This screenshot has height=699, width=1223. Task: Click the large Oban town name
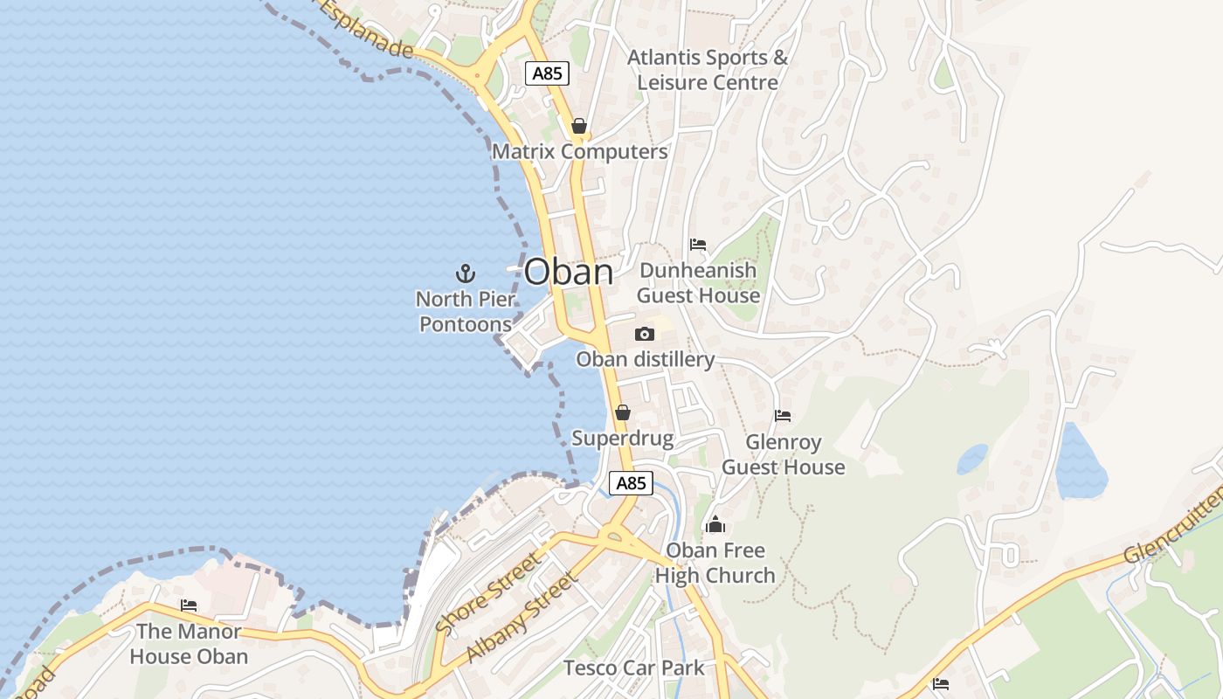pyautogui.click(x=569, y=272)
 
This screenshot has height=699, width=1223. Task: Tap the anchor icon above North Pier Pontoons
pyautogui.click(x=466, y=273)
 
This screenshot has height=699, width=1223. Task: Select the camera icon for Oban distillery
pyautogui.click(x=645, y=334)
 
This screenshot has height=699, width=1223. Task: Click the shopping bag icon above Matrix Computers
pyautogui.click(x=578, y=127)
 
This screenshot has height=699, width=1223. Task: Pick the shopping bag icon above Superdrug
pyautogui.click(x=623, y=412)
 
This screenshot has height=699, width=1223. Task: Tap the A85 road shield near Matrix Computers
pyautogui.click(x=548, y=73)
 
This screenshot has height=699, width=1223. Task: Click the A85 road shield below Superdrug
pyautogui.click(x=631, y=483)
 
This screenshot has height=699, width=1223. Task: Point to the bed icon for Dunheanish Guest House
pyautogui.click(x=698, y=245)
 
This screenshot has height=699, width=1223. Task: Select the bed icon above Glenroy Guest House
pyautogui.click(x=783, y=416)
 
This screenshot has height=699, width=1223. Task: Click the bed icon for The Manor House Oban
pyautogui.click(x=189, y=605)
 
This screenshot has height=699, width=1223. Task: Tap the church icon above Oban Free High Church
pyautogui.click(x=715, y=524)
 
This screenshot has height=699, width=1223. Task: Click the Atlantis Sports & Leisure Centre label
pyautogui.click(x=708, y=70)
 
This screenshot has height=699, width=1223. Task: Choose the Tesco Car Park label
pyautogui.click(x=634, y=668)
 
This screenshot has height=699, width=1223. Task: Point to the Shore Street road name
pyautogui.click(x=487, y=594)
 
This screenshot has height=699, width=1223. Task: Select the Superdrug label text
pyautogui.click(x=623, y=439)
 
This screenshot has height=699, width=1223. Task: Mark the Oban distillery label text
pyautogui.click(x=646, y=359)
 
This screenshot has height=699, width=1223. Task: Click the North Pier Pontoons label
pyautogui.click(x=466, y=312)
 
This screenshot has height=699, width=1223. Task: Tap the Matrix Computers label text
pyautogui.click(x=580, y=152)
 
